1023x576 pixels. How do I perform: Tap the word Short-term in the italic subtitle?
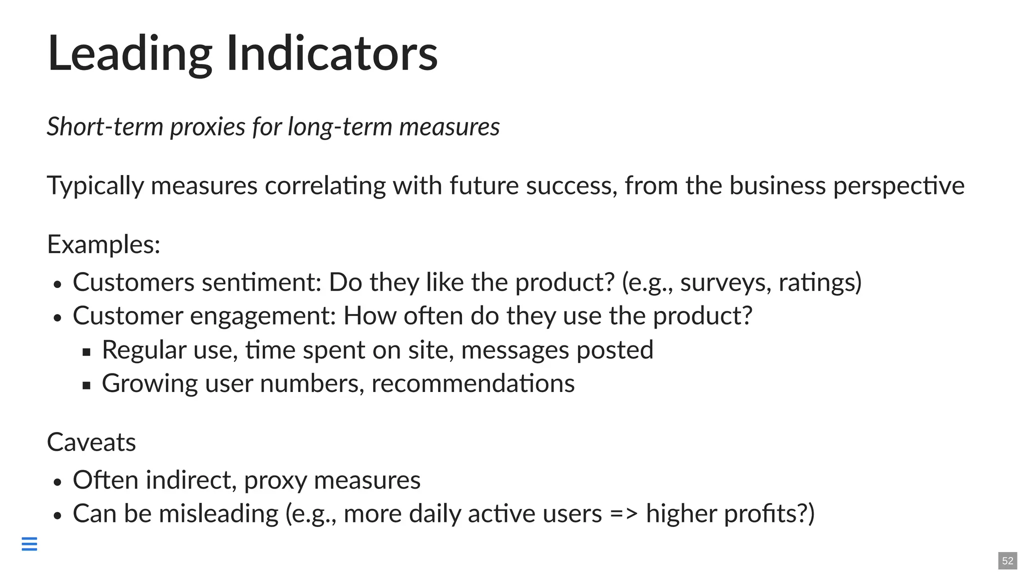[105, 126]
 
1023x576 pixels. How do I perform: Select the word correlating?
[325, 186]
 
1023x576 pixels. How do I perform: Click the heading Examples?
[103, 245]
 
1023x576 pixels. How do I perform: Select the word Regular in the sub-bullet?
[144, 350]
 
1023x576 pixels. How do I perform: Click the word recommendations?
[473, 383]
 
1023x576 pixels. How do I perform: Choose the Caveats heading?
[91, 442]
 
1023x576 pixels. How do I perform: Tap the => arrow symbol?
[624, 514]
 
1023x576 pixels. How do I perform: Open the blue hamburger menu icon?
[29, 543]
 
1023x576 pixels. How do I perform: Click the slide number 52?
[1008, 560]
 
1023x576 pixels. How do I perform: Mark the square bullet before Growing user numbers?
[86, 385]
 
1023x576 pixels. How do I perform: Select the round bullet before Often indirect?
[57, 482]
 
